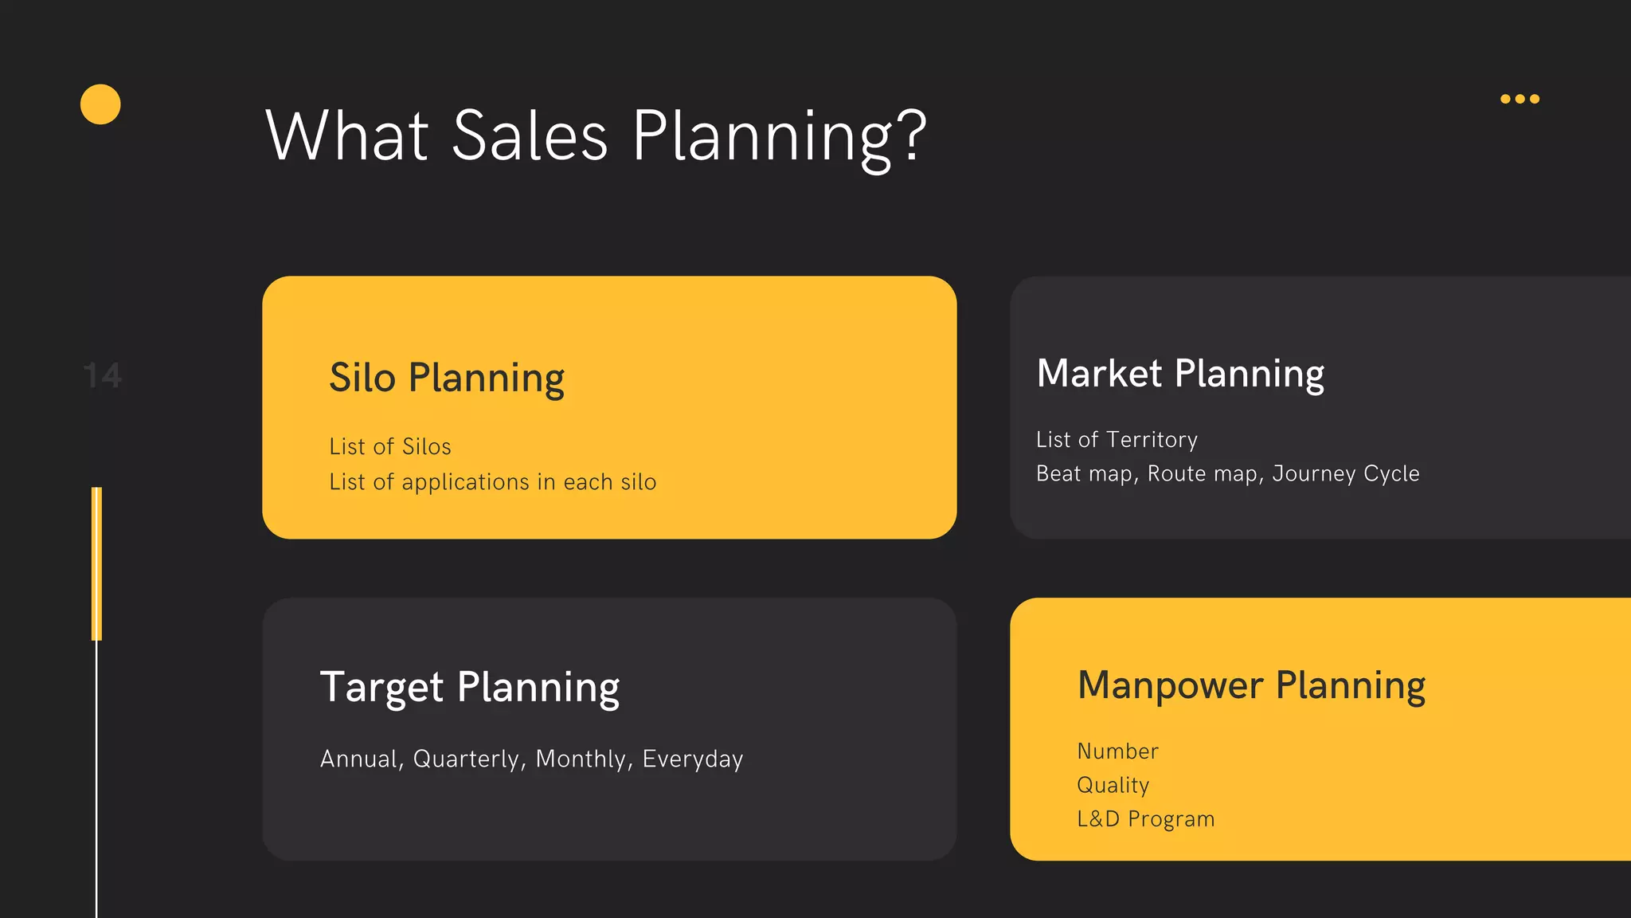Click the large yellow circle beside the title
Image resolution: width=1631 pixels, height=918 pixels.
coord(100,104)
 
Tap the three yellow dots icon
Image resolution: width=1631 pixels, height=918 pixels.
coord(1520,99)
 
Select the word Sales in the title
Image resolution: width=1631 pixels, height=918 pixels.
coord(530,135)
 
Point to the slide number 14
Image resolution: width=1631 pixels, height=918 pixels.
coord(103,375)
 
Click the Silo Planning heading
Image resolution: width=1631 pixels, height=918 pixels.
coord(447,378)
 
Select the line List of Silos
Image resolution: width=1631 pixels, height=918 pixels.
coord(390,446)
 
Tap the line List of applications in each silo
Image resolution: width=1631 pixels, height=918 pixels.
coord(492,482)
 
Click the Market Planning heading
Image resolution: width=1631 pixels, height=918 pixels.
coord(1180,373)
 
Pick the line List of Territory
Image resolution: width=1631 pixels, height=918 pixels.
coord(1117,439)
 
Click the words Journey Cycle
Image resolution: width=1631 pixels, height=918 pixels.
coord(1346,473)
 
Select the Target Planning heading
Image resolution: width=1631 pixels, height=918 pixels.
coord(470,687)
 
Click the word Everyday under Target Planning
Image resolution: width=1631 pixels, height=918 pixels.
coord(693,759)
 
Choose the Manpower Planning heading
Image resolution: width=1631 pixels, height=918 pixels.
coord(1251,685)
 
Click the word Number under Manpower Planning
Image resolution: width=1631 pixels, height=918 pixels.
coord(1117,751)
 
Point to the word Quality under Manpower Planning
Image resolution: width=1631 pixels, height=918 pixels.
coord(1113,785)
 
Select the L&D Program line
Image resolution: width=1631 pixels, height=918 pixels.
coord(1145,818)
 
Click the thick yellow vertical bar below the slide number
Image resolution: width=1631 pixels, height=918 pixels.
coord(97,563)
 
